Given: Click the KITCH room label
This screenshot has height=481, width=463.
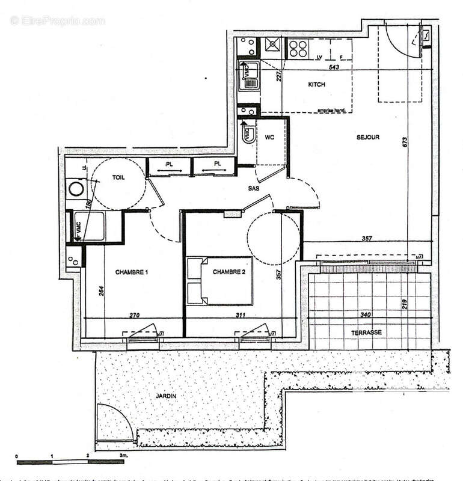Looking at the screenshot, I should [x=316, y=85].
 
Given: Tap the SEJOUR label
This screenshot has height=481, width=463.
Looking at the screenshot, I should [x=367, y=137].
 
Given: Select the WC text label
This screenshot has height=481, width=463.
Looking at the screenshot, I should [x=269, y=137].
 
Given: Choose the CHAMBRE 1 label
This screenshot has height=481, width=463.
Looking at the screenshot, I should [x=132, y=272].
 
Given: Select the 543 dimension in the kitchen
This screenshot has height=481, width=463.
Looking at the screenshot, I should [x=335, y=67].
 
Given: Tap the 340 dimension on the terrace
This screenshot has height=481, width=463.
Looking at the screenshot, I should [x=364, y=314].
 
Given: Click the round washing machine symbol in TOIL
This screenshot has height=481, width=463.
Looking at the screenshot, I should [x=77, y=190].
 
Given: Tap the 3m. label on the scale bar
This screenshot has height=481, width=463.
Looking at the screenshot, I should [x=124, y=457].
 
